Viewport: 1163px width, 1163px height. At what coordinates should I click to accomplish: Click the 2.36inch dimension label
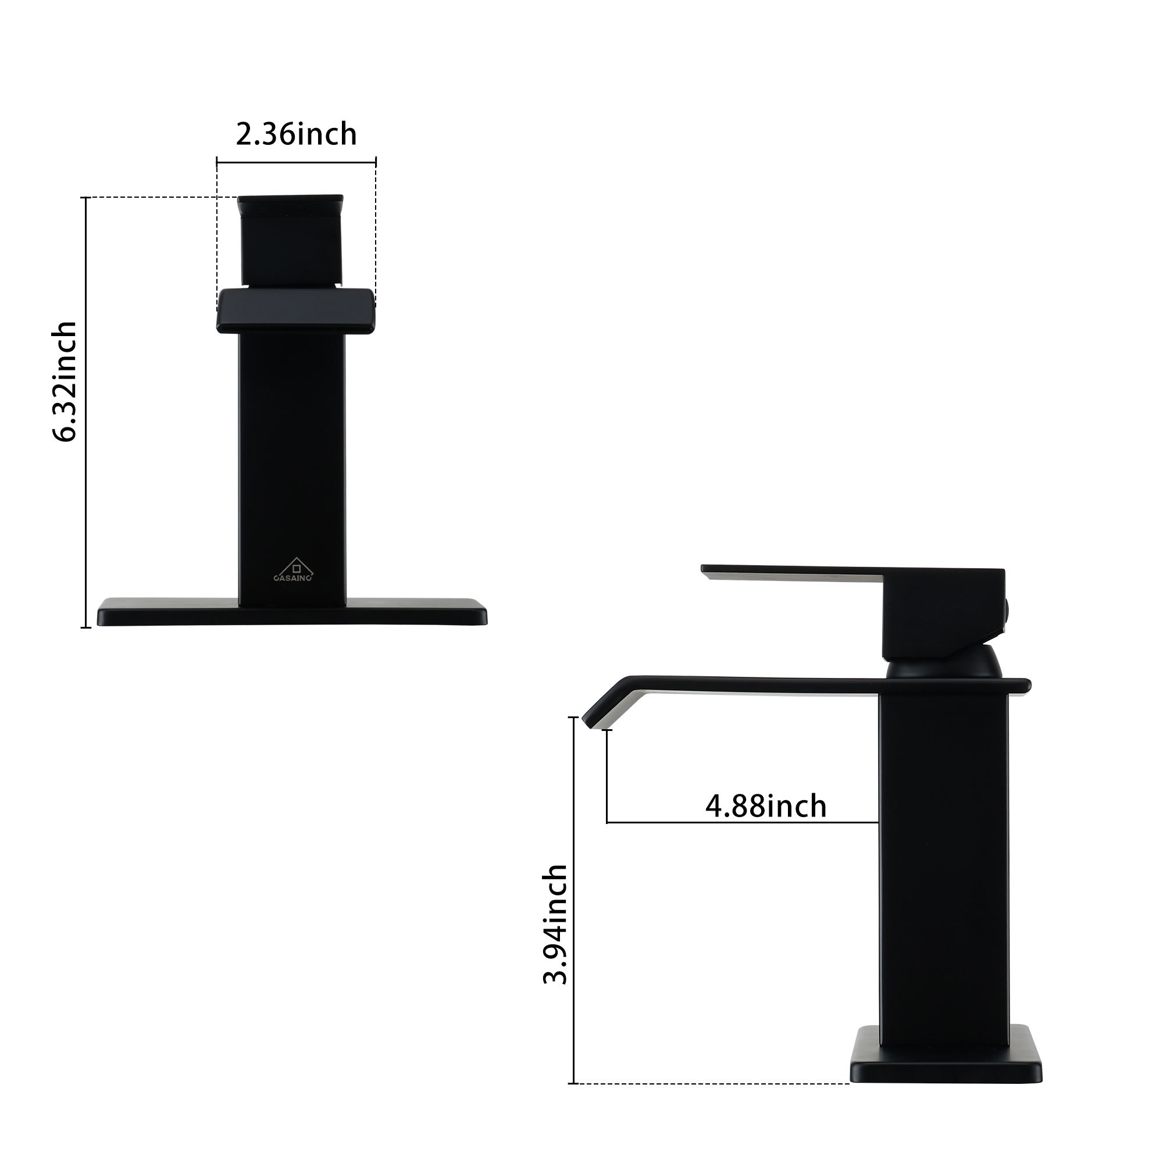296,134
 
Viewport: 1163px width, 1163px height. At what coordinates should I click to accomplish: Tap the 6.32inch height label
65,382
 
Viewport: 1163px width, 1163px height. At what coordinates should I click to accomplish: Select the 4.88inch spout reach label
766,805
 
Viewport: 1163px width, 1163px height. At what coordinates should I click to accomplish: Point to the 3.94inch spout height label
555,925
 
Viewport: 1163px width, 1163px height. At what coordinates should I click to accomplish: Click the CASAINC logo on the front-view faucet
293,570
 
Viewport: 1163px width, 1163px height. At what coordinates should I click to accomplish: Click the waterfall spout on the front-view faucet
295,310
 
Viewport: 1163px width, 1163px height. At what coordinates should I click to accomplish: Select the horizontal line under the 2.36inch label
296,162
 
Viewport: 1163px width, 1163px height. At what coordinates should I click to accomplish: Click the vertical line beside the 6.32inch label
86,412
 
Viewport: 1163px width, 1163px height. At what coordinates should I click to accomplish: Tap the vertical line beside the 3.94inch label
575,903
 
